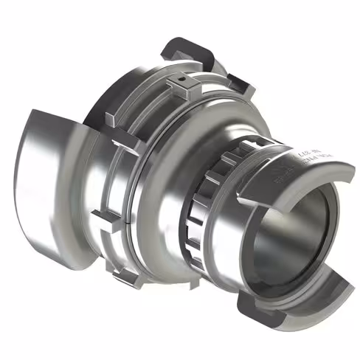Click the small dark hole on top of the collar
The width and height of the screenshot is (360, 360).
tap(180, 77)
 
